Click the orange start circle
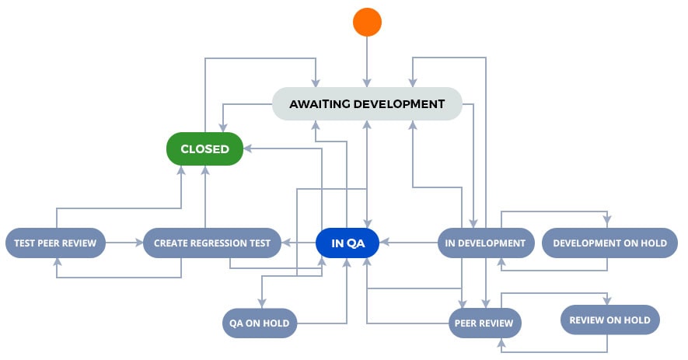[x=367, y=22]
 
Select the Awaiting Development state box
[x=367, y=104]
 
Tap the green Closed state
[x=205, y=149]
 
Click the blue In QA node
[x=347, y=243]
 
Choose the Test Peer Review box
[x=55, y=243]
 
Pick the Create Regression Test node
[x=212, y=243]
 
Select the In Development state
[x=486, y=243]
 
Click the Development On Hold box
[x=610, y=243]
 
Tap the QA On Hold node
[x=260, y=323]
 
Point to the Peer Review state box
[x=484, y=323]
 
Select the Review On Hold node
[x=610, y=320]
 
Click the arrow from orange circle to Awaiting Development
[x=367, y=62]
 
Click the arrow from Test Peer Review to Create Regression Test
[x=124, y=243]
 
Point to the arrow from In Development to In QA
[x=408, y=242]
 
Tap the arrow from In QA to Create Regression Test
[x=299, y=243]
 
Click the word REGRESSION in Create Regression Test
[x=212, y=243]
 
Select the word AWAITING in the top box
[x=320, y=104]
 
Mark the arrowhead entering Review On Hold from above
[x=607, y=300]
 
